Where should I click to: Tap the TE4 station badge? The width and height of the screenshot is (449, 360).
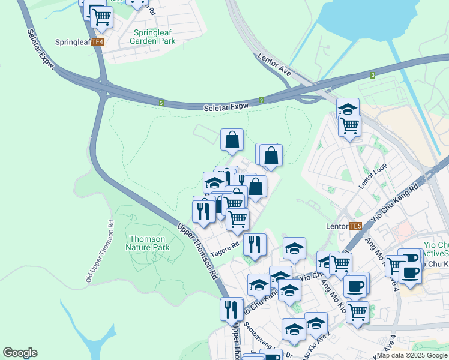[x=98, y=42]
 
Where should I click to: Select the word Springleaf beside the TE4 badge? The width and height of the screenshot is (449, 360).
[x=72, y=42]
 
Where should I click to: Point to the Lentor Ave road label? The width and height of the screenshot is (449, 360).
[x=274, y=64]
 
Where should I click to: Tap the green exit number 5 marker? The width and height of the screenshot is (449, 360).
[x=161, y=103]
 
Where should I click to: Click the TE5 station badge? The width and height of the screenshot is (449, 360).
[x=356, y=226]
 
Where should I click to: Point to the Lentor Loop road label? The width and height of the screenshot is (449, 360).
[x=370, y=176]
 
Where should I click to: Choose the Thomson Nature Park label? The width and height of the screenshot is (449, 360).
[x=148, y=243]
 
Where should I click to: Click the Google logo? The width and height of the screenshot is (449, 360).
[x=20, y=353]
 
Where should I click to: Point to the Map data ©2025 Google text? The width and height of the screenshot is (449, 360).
[x=412, y=355]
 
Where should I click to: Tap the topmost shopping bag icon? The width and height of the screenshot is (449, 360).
[x=232, y=140]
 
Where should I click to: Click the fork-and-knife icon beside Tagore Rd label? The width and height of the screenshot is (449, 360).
[x=255, y=244]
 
